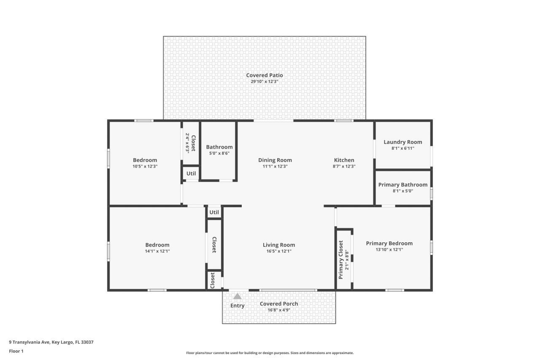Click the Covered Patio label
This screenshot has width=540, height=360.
(265, 75)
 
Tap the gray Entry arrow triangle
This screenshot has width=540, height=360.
(238, 296)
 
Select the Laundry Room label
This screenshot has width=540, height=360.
(402, 142)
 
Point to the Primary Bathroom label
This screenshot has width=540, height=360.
(402, 184)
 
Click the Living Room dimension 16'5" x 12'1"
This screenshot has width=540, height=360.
(278, 251)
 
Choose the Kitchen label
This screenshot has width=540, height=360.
(344, 160)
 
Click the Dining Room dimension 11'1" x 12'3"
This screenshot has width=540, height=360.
(275, 166)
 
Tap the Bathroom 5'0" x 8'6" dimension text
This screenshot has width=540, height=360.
(219, 153)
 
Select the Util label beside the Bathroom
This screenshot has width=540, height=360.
(191, 173)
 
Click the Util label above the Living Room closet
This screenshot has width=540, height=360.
(214, 212)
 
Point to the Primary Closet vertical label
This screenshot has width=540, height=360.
(341, 260)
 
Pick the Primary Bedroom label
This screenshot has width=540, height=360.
(389, 243)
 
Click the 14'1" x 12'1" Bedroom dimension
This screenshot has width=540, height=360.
(157, 251)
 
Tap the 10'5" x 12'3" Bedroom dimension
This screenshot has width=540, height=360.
(145, 166)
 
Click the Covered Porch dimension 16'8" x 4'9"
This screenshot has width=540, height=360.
(278, 310)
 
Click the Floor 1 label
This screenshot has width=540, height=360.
(16, 351)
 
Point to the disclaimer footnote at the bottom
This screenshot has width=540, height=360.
(270, 353)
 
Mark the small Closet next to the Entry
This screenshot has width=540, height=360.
(213, 280)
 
